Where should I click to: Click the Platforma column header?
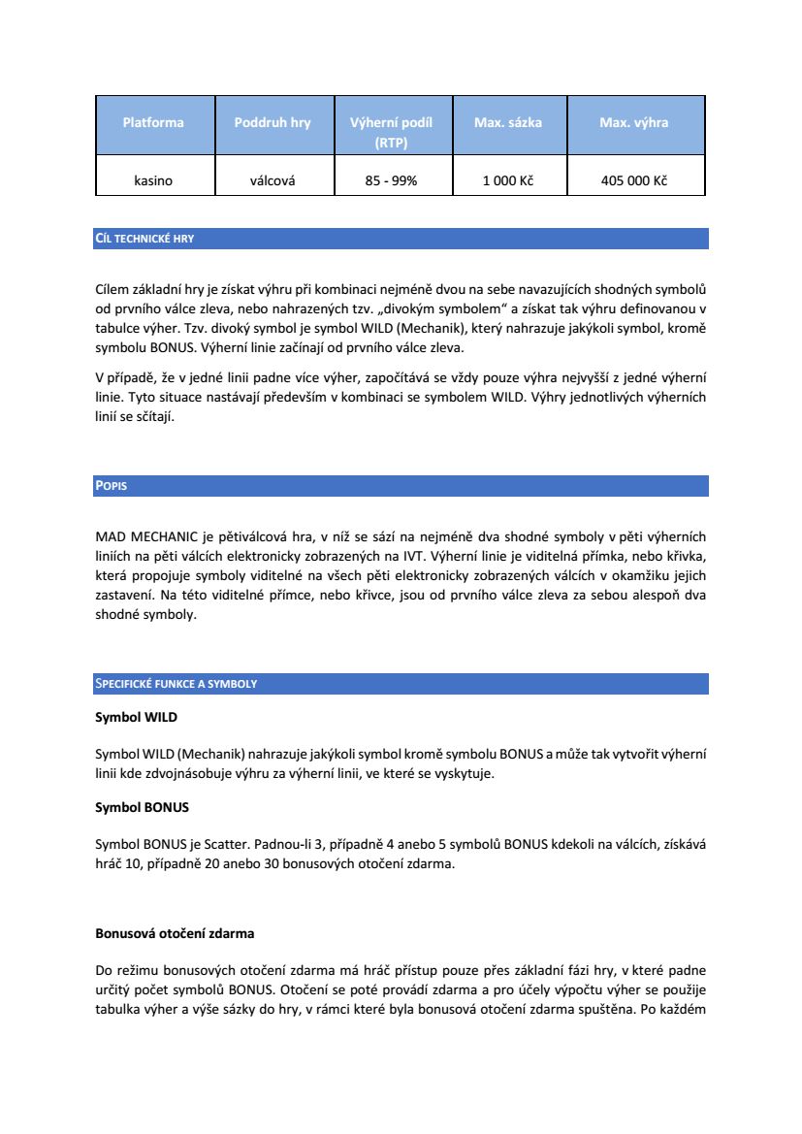coord(153,123)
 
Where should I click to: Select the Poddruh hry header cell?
coord(273,123)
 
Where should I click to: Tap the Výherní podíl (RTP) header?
coord(391,132)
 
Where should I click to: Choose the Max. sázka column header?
coord(508,123)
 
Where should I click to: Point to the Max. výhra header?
coord(634,123)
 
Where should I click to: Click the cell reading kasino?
coord(153,180)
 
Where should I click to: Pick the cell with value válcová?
coord(273,180)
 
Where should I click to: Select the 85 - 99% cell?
coord(391,180)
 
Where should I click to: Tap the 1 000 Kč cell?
coord(508,180)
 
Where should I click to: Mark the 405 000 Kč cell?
coord(634,180)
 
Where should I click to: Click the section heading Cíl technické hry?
coord(144,238)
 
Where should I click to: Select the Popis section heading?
coord(112,485)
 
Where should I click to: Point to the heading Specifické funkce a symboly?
coord(176,684)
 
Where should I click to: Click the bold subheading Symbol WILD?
coord(136,719)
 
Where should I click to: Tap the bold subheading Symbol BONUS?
coord(142,807)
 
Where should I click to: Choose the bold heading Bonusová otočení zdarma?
coord(175,934)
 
